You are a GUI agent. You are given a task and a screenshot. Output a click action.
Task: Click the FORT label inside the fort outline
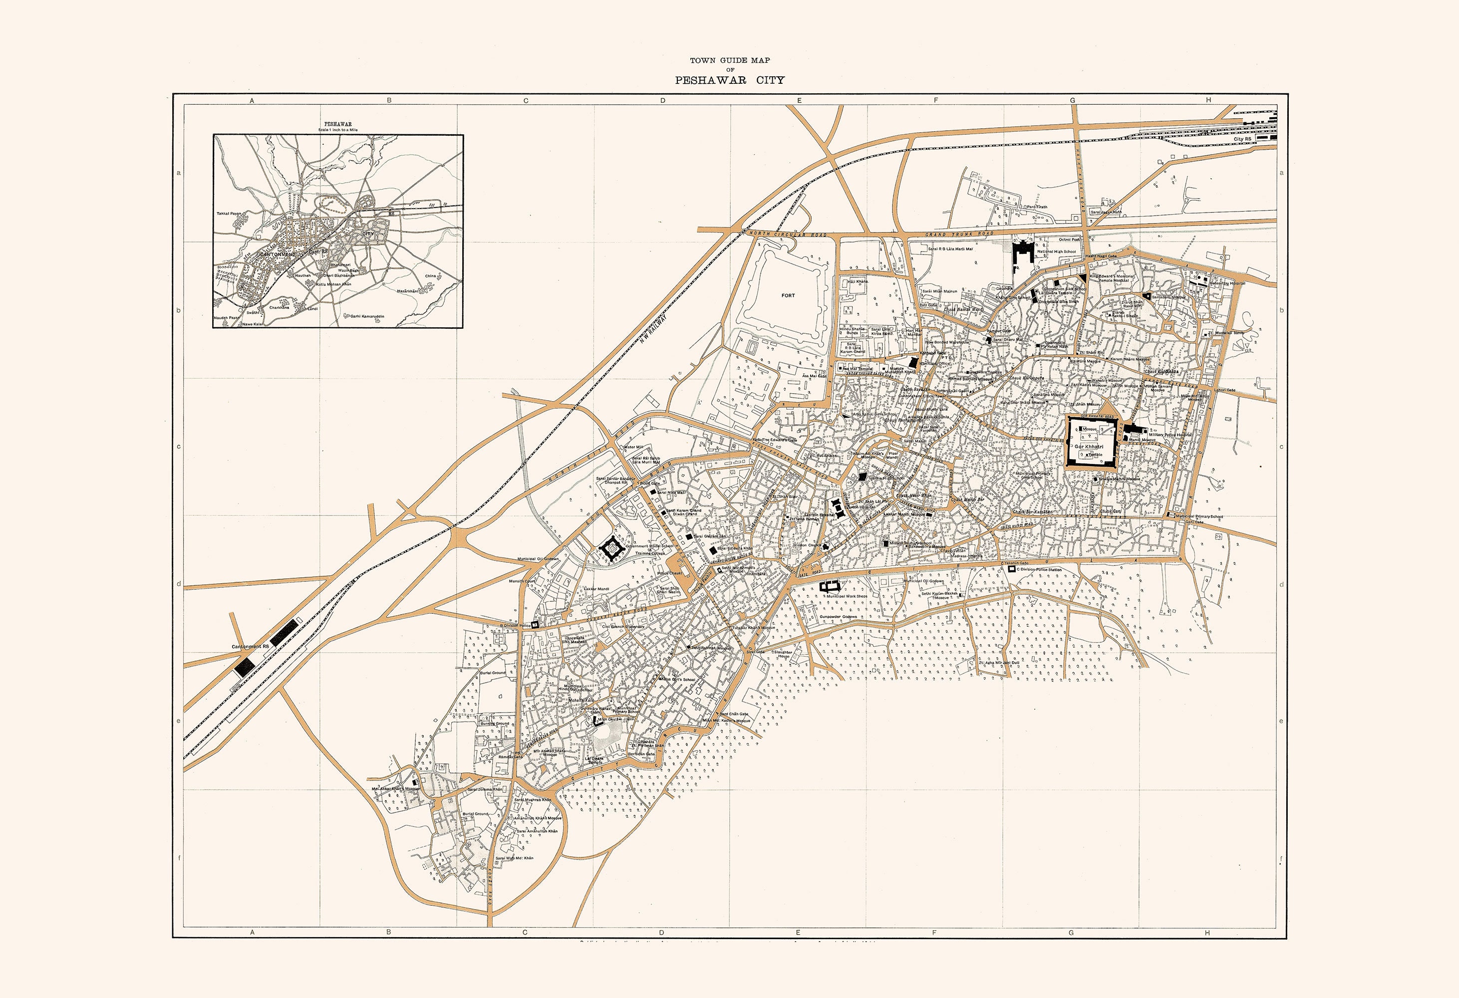[788, 295]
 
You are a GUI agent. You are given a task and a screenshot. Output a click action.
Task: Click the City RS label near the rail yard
[1242, 139]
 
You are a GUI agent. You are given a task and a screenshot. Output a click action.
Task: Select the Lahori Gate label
[1225, 390]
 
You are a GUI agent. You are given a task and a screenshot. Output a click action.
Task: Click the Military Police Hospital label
[1169, 434]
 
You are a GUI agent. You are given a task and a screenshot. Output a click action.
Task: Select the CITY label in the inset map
[368, 234]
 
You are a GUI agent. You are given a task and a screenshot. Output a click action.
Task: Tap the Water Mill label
[633, 447]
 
